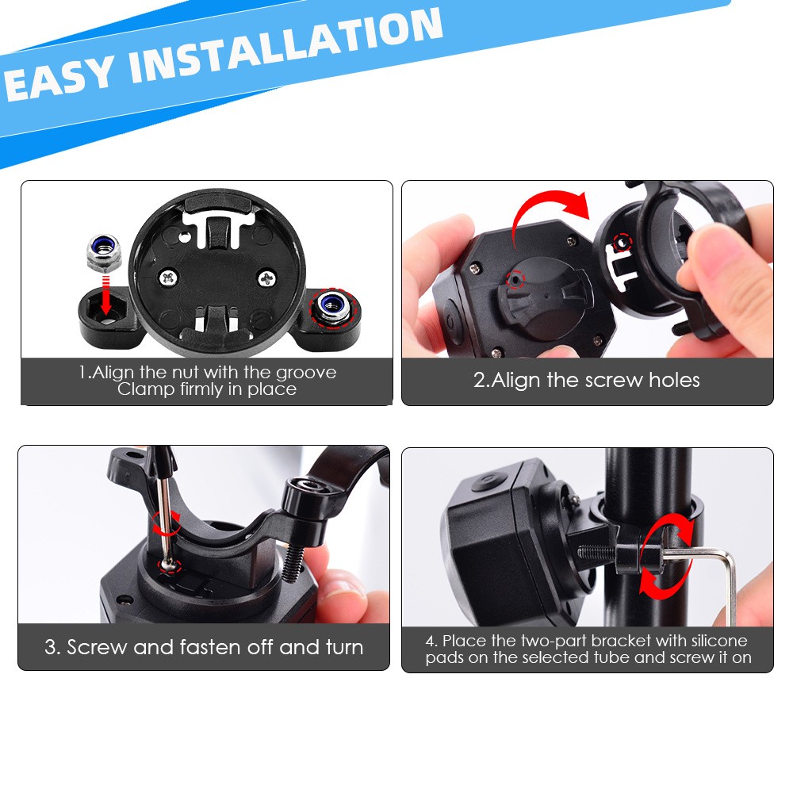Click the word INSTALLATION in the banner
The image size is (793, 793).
(x=285, y=48)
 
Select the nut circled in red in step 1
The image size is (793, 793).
(x=328, y=306)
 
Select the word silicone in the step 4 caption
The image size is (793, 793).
(x=718, y=641)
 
